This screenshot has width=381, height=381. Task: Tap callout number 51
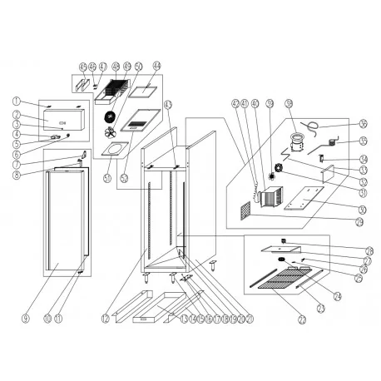107,178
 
